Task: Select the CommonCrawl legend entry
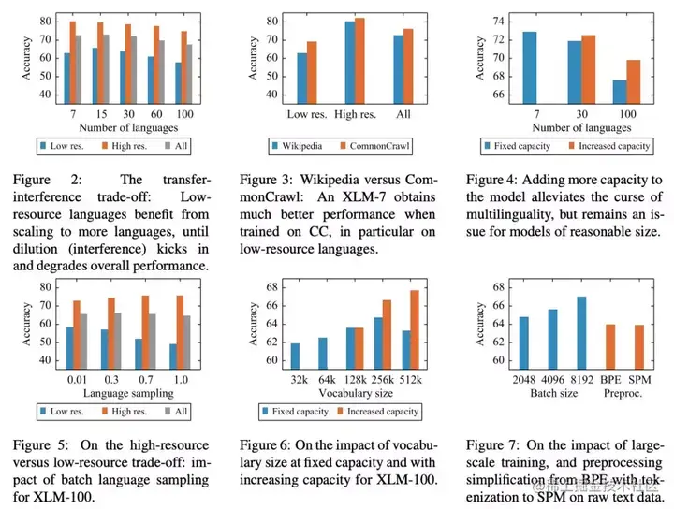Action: pyautogui.click(x=368, y=146)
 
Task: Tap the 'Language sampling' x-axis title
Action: pyautogui.click(x=117, y=393)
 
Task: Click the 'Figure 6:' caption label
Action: pyautogui.click(x=267, y=444)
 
